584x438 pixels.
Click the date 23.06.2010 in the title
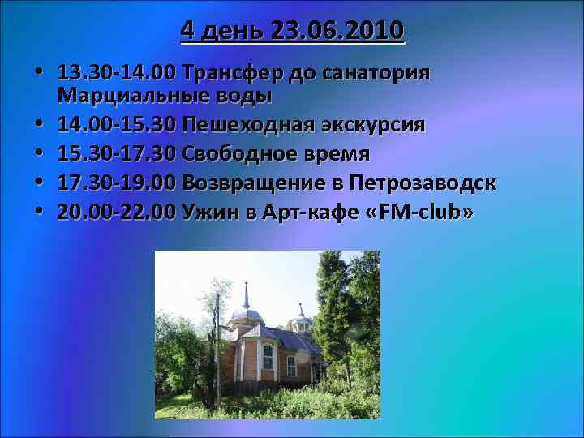(339, 31)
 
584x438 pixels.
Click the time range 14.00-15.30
(117, 126)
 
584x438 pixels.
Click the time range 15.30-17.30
(117, 154)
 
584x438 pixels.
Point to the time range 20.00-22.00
(117, 212)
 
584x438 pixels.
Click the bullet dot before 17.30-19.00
(40, 183)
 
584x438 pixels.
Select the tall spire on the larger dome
(246, 294)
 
